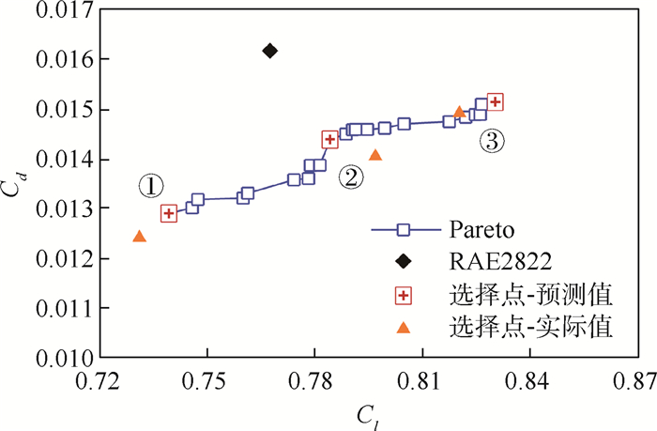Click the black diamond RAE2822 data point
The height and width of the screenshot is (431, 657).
269,50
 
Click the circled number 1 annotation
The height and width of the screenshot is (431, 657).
150,186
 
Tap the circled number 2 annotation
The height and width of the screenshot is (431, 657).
351,176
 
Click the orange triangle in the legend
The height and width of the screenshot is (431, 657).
403,327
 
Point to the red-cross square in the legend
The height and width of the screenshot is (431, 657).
403,295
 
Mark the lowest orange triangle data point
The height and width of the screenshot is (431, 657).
140,236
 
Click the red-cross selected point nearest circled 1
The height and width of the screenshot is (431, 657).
169,213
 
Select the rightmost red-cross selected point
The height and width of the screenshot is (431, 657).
496,101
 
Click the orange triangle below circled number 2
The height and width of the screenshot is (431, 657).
375,154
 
